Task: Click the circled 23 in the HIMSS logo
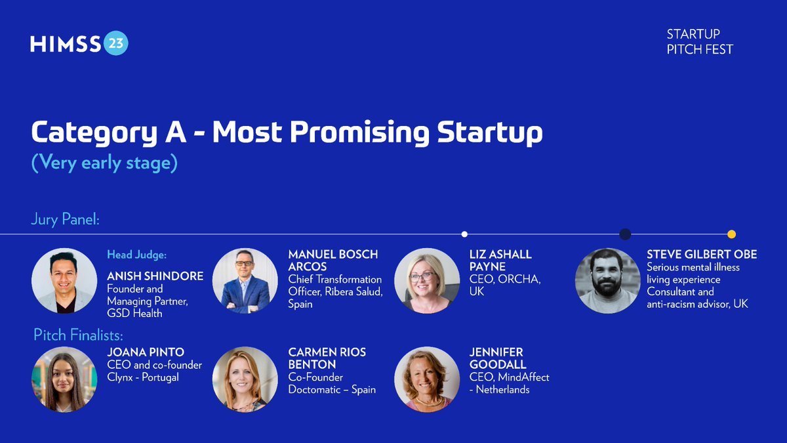[x=115, y=43]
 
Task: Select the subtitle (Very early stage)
[x=104, y=162]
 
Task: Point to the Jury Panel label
[x=65, y=219]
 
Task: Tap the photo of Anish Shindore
[x=64, y=281]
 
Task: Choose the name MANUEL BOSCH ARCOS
[x=333, y=261]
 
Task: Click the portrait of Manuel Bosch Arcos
[x=245, y=281]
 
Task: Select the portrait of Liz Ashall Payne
[x=426, y=281]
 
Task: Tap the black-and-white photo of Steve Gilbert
[x=607, y=281]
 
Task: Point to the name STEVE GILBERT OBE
[x=702, y=255]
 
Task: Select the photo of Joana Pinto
[x=64, y=379]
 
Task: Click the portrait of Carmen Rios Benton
[x=245, y=379]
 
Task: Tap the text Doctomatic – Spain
[x=332, y=389]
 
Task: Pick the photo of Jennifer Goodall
[x=426, y=379]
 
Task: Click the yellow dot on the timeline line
[x=731, y=234]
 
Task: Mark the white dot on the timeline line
[x=464, y=234]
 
